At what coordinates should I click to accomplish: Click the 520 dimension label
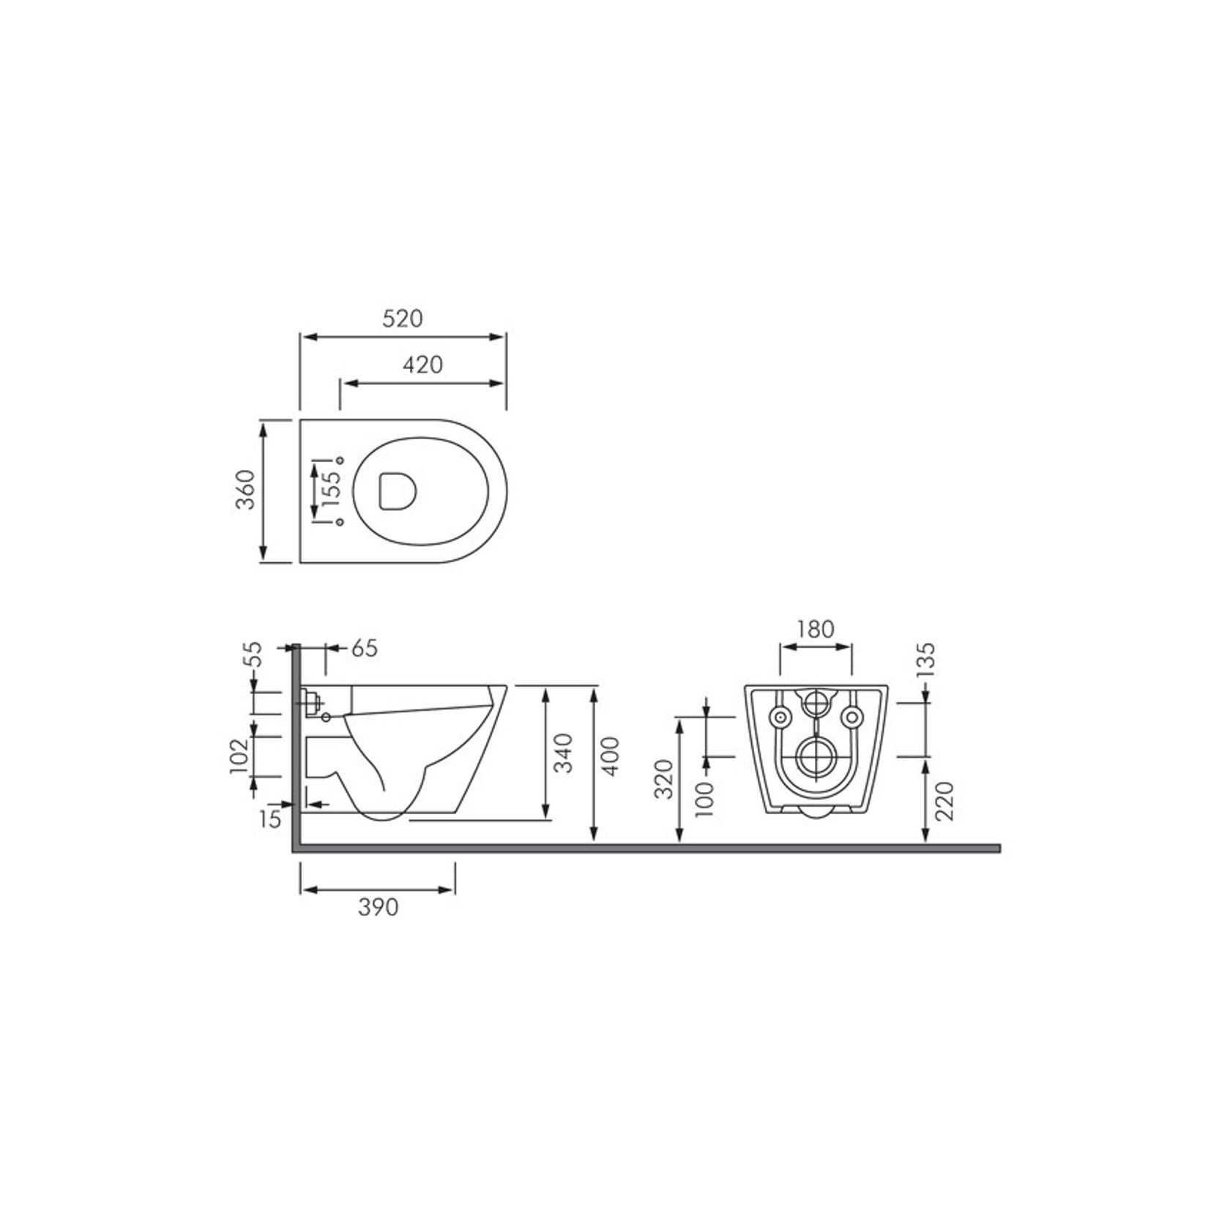(x=403, y=318)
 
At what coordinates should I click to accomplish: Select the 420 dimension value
(x=423, y=364)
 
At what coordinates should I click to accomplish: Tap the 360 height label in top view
(x=247, y=491)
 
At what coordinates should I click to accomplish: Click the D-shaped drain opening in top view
(x=398, y=491)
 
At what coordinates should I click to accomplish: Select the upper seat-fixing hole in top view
(x=339, y=460)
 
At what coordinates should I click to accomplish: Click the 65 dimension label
(x=364, y=649)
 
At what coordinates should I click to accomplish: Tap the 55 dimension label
(x=252, y=654)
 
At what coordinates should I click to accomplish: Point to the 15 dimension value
(x=270, y=819)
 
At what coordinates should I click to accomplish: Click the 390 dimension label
(x=378, y=908)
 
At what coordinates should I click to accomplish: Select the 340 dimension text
(x=564, y=753)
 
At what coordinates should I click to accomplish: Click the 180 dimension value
(x=816, y=629)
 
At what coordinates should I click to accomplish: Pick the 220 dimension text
(x=944, y=801)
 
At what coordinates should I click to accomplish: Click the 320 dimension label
(x=663, y=780)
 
